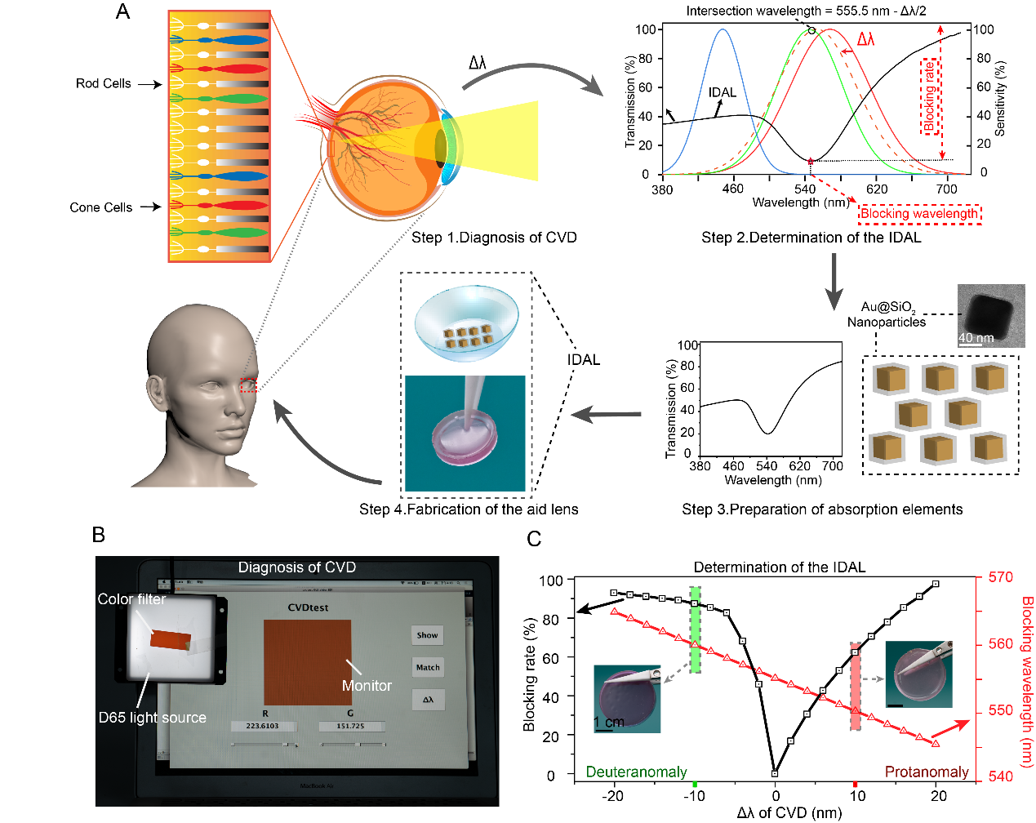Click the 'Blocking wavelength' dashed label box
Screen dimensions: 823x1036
pos(919,214)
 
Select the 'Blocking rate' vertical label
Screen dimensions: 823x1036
pos(930,96)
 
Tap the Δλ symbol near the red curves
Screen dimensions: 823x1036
pos(865,39)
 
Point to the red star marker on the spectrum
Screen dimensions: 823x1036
pos(811,162)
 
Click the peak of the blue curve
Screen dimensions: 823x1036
pos(723,30)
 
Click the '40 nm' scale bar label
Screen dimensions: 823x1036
pos(976,338)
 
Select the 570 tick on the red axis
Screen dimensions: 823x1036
pos(1000,577)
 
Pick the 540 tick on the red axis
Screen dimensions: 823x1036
pos(1000,776)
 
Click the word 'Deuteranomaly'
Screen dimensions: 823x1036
pos(637,772)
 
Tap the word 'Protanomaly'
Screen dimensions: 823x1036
pos(927,772)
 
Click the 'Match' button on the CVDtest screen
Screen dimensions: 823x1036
pos(428,667)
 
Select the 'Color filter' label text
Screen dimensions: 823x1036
pos(131,599)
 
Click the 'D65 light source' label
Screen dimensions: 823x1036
pos(153,718)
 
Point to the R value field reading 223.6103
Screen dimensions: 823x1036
pos(262,726)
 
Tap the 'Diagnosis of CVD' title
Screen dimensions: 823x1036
pos(297,567)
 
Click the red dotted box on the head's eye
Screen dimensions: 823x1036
pos(249,385)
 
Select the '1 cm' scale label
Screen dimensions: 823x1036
pos(608,723)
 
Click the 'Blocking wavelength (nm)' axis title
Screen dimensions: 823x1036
pos(1027,682)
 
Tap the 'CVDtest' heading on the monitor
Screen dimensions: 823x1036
pos(309,607)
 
